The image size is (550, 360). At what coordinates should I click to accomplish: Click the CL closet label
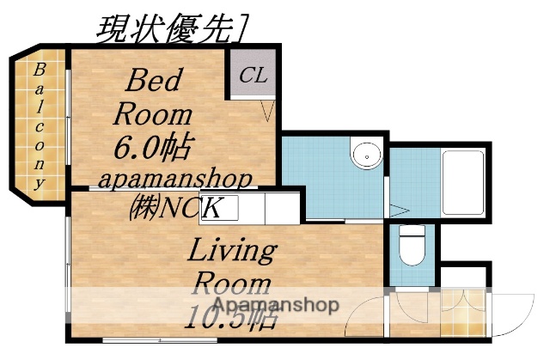(x=253, y=76)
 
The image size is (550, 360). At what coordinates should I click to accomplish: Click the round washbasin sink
(x=364, y=155)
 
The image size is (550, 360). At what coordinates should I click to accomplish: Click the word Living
(x=231, y=253)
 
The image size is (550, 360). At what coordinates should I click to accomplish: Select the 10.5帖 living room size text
(x=230, y=319)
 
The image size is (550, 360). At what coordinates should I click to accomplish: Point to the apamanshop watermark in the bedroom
(x=175, y=180)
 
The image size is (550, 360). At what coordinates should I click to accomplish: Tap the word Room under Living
(x=230, y=284)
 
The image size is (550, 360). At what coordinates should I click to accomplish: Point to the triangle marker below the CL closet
(x=268, y=110)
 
